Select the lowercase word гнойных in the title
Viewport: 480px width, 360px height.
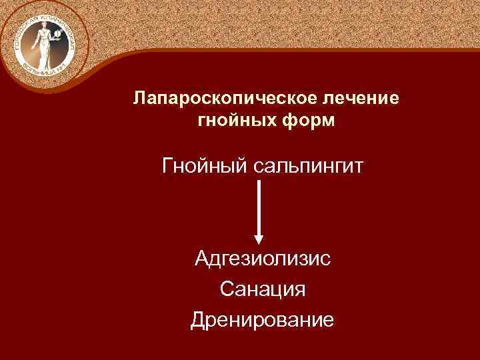click(237, 122)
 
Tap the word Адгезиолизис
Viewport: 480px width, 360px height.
click(262, 257)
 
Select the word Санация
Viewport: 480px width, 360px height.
click(262, 289)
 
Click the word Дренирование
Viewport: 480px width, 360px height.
click(262, 320)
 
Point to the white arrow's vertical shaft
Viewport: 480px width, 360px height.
click(259, 207)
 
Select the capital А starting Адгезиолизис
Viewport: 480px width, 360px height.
click(201, 257)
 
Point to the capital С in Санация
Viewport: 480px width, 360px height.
click(225, 289)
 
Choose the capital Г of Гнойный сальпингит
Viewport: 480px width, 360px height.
click(167, 164)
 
